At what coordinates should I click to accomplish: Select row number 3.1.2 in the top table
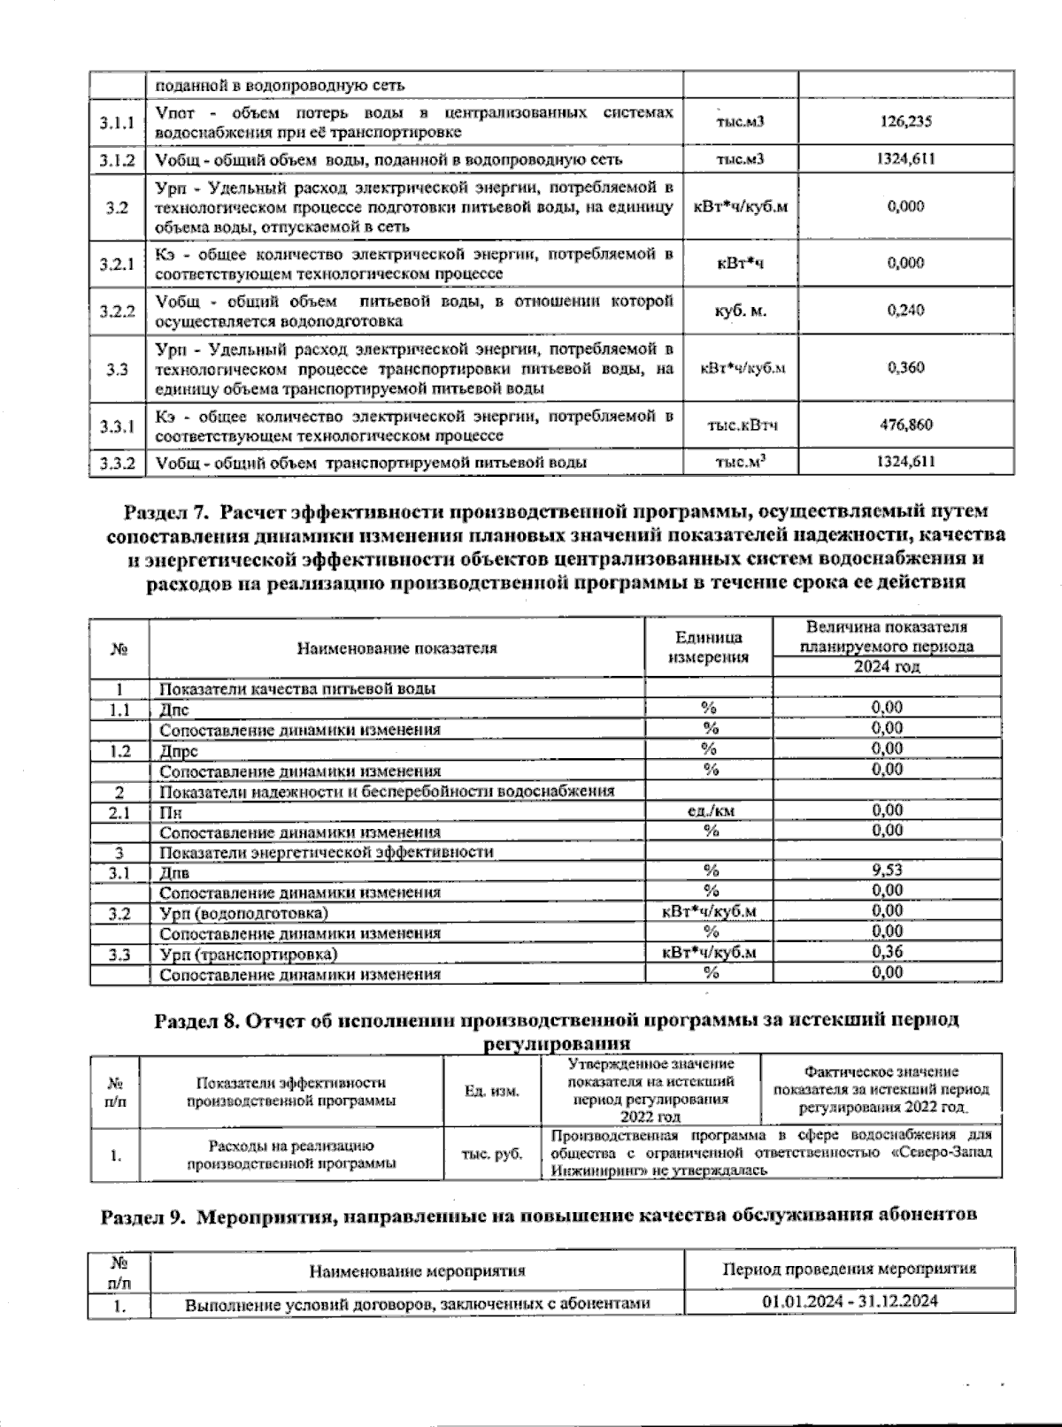pyautogui.click(x=118, y=160)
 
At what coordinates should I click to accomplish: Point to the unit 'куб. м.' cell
pyautogui.click(x=740, y=311)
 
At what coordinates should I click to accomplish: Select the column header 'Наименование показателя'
pyautogui.click(x=396, y=648)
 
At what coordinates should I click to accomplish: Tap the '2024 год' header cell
pyautogui.click(x=887, y=667)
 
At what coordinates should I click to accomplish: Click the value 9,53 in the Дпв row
pyautogui.click(x=887, y=871)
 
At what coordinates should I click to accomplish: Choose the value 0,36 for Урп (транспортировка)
pyautogui.click(x=887, y=953)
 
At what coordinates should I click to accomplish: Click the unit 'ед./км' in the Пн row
pyautogui.click(x=710, y=810)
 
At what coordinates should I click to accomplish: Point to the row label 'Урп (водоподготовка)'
pyautogui.click(x=243, y=913)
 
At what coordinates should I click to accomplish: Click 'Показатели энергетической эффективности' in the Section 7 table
pyautogui.click(x=327, y=852)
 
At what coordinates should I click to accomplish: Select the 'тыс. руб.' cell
pyautogui.click(x=491, y=1155)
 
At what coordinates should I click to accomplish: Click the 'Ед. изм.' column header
pyautogui.click(x=491, y=1092)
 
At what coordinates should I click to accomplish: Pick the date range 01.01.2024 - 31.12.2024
pyautogui.click(x=850, y=1302)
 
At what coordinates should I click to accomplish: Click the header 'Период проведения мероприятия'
pyautogui.click(x=850, y=1269)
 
